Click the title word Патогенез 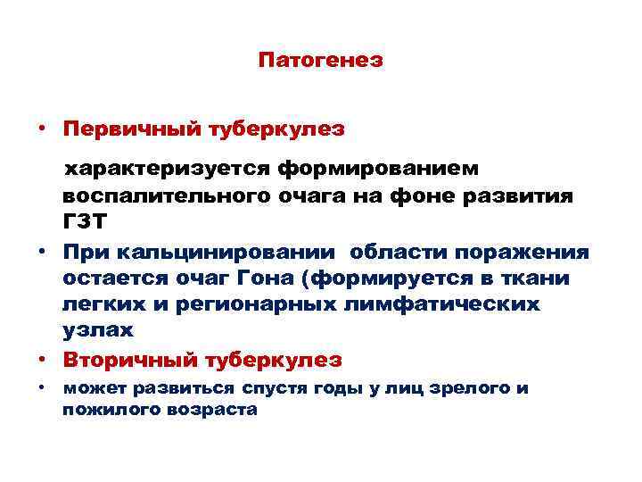(320, 61)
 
